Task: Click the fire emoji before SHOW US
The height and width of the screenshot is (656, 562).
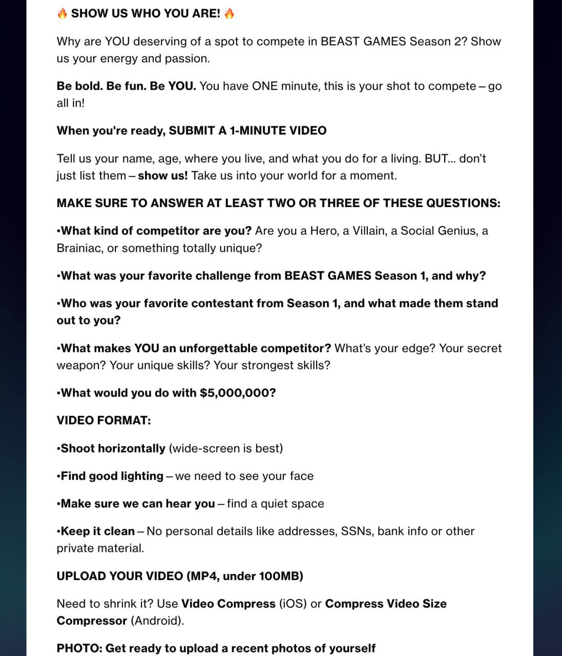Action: [62, 13]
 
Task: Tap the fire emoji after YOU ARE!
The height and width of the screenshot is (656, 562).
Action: [229, 13]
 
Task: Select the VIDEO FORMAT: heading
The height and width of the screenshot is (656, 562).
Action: [103, 420]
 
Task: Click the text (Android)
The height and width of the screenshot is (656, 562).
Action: [157, 621]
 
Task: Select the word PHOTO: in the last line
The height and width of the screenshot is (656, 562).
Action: [79, 648]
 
